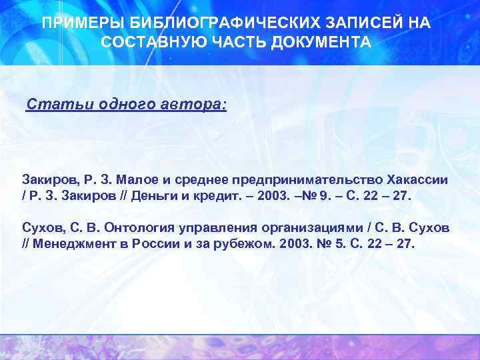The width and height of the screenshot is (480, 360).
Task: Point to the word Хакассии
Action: pos(417,180)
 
